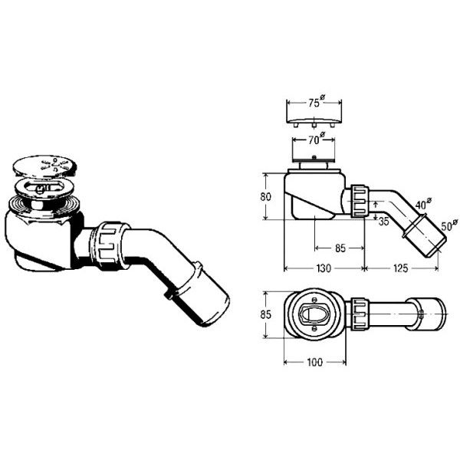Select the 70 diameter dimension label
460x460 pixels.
(315, 140)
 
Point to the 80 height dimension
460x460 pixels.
(265, 196)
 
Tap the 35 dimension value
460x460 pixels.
(383, 222)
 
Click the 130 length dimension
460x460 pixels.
(324, 268)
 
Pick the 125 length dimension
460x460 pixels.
(400, 268)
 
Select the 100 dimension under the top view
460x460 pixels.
(315, 363)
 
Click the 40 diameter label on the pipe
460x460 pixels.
(423, 204)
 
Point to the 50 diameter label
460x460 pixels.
(449, 225)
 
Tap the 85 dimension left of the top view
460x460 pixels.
(265, 314)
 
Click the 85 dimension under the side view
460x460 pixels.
(340, 248)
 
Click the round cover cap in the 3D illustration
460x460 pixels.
(44, 167)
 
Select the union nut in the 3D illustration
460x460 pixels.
(111, 246)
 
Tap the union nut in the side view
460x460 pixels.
(360, 201)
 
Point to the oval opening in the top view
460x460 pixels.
(313, 314)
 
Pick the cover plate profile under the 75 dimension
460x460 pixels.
(314, 123)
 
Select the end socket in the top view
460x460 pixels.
(426, 314)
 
